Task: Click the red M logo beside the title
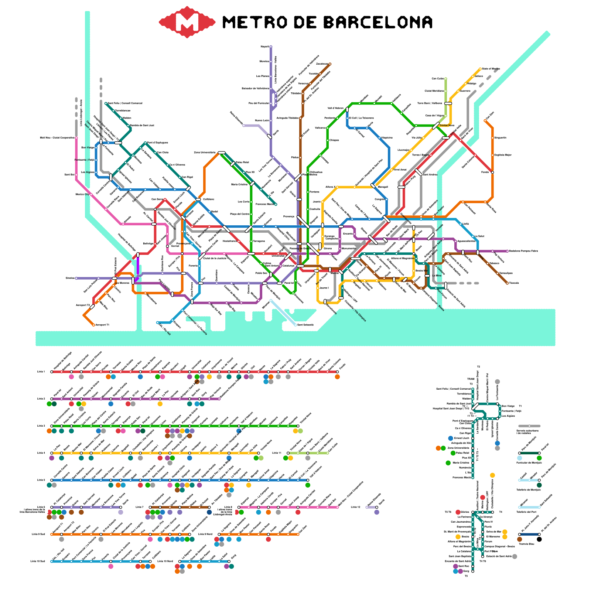[x=187, y=22]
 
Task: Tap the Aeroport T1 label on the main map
[x=102, y=325]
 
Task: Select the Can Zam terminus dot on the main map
[x=485, y=120]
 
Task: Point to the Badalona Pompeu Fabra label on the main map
[x=523, y=251]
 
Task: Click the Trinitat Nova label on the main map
[x=447, y=126]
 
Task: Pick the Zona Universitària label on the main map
[x=205, y=153]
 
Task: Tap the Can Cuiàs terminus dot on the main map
[x=446, y=79]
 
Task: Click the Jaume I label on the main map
[x=324, y=288]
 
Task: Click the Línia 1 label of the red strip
[x=41, y=372]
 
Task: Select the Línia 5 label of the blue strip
[x=41, y=480]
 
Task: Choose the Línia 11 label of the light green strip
[x=277, y=453]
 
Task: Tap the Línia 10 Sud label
[x=37, y=561]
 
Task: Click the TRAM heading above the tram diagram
[x=471, y=379]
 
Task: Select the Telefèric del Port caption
[x=526, y=512]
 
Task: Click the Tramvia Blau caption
[x=526, y=544]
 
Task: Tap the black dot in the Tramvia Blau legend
[x=539, y=539]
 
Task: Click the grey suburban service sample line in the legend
[x=529, y=426]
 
